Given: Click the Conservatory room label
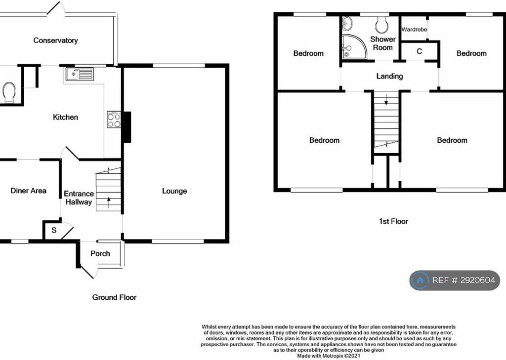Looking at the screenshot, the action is [55, 40].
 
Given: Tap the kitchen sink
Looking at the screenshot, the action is [80, 74].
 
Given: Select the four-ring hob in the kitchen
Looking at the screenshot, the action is [114, 120].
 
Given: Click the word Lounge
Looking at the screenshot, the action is [174, 191].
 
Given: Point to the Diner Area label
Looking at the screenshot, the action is [28, 191].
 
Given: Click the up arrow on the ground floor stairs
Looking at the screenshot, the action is [109, 202].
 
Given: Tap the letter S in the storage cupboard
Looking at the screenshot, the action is [54, 230].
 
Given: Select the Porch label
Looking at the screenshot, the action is [100, 253].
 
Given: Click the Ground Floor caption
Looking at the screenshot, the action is [114, 297].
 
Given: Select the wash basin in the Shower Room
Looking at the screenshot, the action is [347, 23].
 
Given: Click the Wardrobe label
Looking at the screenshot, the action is [414, 29].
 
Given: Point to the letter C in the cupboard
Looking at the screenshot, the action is [419, 51].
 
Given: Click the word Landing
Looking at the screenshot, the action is [389, 77].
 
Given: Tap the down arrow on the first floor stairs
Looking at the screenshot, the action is [386, 100].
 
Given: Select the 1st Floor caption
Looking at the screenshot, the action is [393, 221].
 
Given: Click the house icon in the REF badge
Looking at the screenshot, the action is [420, 280].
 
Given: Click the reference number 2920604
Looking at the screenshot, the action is [478, 280].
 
